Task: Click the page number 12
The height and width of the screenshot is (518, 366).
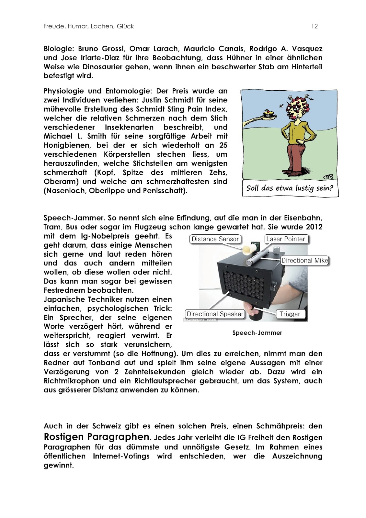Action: [x=315, y=27]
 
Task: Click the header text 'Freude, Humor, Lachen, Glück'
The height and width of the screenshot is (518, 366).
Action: [x=89, y=27]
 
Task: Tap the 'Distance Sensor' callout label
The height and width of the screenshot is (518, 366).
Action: [x=215, y=239]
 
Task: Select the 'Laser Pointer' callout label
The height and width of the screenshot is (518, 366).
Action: [x=286, y=239]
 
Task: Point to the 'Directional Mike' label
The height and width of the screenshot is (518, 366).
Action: [x=304, y=261]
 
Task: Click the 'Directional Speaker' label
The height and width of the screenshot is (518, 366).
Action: [x=215, y=314]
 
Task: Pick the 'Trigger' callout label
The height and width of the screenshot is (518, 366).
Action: [x=290, y=314]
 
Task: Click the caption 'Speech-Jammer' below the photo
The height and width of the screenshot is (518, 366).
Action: [x=257, y=333]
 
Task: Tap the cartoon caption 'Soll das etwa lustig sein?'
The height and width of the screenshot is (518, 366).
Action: [x=290, y=188]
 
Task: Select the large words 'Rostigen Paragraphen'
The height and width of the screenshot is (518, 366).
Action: [x=97, y=437]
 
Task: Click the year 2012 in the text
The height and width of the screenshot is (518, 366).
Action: [x=314, y=227]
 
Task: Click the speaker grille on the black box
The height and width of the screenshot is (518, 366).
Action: [x=245, y=282]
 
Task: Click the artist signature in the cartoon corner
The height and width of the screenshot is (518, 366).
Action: [x=328, y=176]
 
